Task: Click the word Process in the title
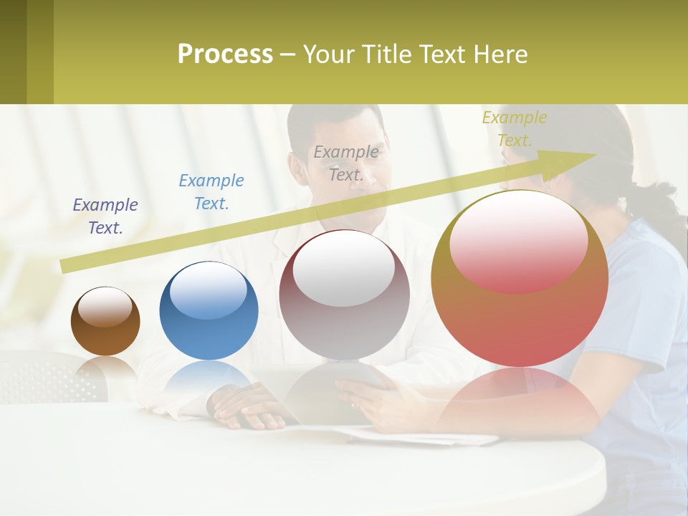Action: pos(225,54)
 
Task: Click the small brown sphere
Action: pos(105,322)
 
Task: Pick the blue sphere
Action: pos(209,311)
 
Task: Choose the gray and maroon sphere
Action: pos(344,295)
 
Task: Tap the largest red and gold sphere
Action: pos(520,279)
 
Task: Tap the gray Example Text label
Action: pos(346,163)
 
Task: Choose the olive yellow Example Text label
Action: pos(515,128)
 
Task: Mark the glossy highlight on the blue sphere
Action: pos(209,290)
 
